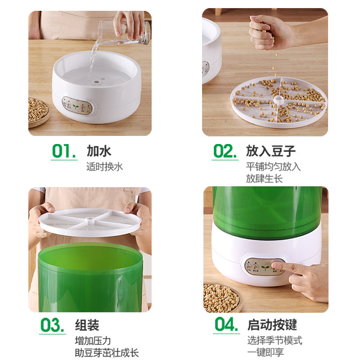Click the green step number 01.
[x=64, y=151]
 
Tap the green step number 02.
[x=225, y=151]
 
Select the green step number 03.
[x=53, y=325]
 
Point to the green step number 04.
[x=226, y=324]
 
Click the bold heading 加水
[x=99, y=151]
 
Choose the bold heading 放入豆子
[x=271, y=151]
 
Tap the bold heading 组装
[x=87, y=325]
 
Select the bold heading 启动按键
[x=272, y=325]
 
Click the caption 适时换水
[x=105, y=166]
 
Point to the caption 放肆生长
[x=264, y=179]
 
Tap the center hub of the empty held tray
[x=90, y=220]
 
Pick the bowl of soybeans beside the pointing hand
[x=222, y=298]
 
